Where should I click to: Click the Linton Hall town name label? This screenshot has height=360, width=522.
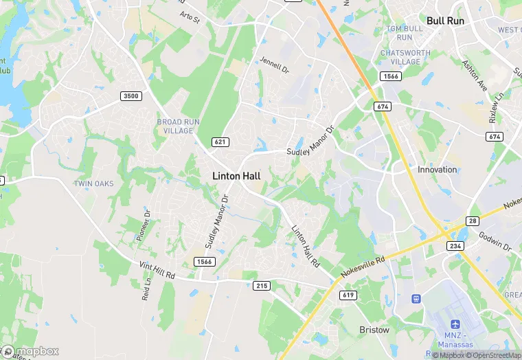(x=236, y=176)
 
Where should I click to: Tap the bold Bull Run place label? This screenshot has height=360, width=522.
(x=445, y=21)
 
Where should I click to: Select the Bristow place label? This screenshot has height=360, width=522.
(x=374, y=330)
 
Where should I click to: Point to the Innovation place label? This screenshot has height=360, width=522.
(x=437, y=170)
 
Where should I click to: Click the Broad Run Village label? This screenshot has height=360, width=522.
(x=179, y=126)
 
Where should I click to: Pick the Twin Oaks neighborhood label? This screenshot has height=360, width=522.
(x=93, y=183)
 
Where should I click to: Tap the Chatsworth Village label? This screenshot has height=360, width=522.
(x=405, y=57)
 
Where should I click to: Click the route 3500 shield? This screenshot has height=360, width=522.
(x=130, y=95)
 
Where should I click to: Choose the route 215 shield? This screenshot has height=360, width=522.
(x=260, y=285)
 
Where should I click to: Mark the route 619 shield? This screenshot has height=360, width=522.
(x=348, y=295)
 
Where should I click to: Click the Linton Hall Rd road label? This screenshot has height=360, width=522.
(x=304, y=246)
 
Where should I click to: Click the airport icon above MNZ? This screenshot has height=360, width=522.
(x=455, y=324)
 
